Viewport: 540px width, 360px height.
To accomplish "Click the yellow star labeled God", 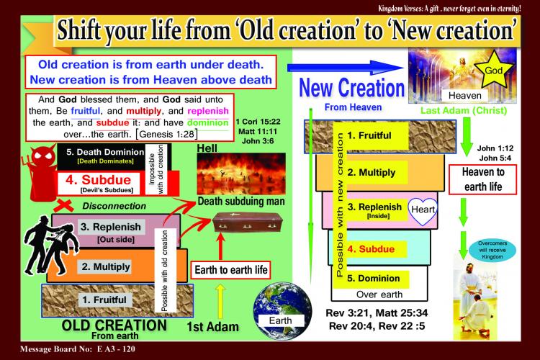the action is pos(493,70).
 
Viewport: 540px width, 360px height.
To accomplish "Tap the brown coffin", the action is pos(248,222).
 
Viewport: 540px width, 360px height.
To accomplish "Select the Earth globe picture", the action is pos(282,311).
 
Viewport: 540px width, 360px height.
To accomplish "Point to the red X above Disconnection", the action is pos(63,206).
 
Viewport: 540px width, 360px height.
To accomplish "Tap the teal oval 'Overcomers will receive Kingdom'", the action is pos(492,250).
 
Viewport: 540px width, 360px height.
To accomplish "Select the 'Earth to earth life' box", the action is pos(230,270).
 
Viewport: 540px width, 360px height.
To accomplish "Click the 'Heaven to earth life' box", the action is pos(483,179).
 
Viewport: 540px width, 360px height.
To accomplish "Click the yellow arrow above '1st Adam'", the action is pos(220,301).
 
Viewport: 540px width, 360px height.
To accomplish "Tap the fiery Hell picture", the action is pos(241,174).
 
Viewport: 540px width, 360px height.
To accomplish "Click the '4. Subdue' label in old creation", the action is pos(99,180).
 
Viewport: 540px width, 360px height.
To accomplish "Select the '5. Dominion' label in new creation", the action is pos(373,279).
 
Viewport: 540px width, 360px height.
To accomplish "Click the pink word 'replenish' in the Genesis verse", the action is pos(208,111).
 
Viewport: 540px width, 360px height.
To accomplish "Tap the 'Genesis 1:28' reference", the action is pos(167,135).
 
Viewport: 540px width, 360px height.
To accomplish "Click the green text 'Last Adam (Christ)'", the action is pos(464,111).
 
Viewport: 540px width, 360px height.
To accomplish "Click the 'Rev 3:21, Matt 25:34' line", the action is pos(377,312).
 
